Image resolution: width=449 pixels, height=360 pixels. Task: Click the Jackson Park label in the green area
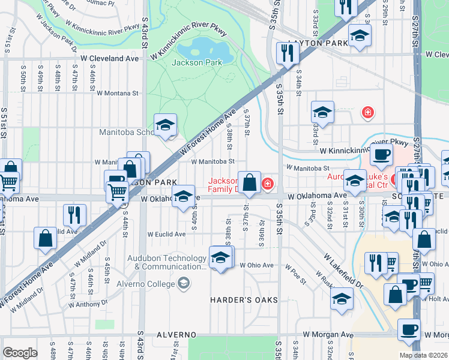(197, 62)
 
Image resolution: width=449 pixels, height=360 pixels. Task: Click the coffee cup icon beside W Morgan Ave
(410, 329)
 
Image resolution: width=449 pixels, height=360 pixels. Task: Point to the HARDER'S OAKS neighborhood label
(244, 300)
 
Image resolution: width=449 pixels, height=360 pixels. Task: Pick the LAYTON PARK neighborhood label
(310, 44)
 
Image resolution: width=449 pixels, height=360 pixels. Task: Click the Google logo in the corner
(20, 353)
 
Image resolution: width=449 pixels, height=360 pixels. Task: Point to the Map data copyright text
(423, 355)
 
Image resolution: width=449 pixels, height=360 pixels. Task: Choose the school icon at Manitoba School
(165, 125)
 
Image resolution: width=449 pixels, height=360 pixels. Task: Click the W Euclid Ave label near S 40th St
(167, 234)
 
